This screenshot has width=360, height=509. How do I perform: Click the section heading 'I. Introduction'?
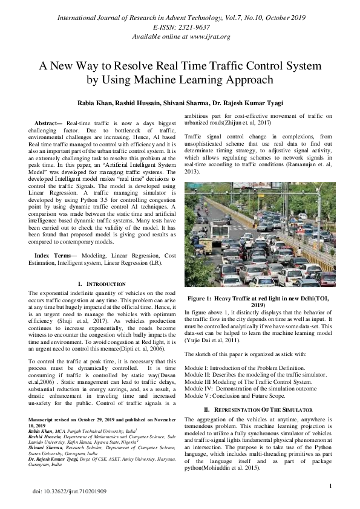(102, 284)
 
